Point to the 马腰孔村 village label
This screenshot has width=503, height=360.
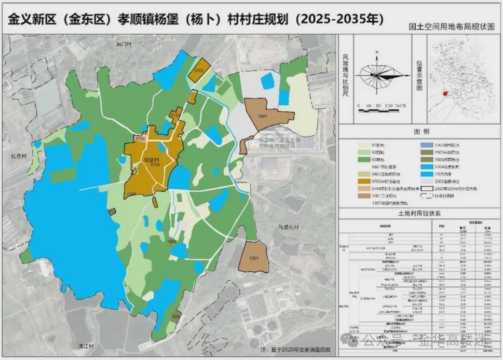point(289,228)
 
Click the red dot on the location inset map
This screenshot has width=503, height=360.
point(445,94)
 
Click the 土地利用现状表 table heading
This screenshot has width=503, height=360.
point(419,213)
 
